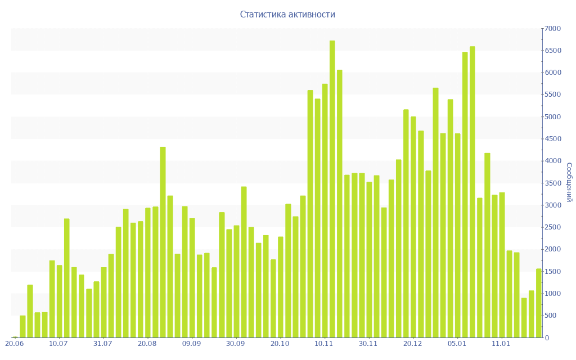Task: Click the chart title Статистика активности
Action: tap(287, 15)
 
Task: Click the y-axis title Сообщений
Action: tap(569, 182)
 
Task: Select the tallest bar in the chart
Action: tap(332, 188)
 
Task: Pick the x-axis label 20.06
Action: tap(14, 344)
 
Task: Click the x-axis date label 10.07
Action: tap(58, 344)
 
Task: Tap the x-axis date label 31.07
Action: tap(103, 344)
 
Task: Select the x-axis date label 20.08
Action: tap(147, 344)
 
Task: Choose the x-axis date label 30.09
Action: tap(236, 344)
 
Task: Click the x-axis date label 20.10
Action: tap(280, 344)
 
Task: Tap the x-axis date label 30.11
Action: tap(368, 344)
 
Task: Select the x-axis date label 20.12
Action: tap(412, 344)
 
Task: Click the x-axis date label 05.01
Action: tap(457, 344)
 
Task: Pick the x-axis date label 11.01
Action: tap(501, 344)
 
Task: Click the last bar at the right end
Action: tap(539, 303)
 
